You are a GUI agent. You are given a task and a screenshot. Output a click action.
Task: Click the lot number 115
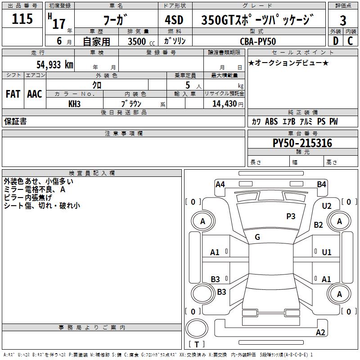[x=22, y=20]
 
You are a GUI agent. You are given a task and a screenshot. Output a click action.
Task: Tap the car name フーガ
[x=115, y=21]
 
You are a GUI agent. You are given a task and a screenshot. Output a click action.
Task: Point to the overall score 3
[x=343, y=21]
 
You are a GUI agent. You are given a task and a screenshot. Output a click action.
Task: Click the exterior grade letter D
[x=335, y=41]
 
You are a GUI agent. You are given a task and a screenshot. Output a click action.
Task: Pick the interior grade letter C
[x=350, y=41]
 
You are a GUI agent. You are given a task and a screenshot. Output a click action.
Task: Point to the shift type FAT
[x=13, y=94]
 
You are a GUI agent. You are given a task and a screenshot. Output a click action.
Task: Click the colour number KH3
[x=74, y=104]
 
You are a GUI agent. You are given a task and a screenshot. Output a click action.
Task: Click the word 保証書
[x=15, y=121]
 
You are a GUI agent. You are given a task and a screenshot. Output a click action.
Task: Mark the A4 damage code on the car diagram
[x=220, y=184]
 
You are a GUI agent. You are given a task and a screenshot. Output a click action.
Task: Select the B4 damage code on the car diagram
[x=321, y=184]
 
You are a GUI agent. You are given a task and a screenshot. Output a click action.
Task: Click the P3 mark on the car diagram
[x=291, y=216]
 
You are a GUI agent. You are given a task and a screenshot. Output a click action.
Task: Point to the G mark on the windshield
[x=257, y=237]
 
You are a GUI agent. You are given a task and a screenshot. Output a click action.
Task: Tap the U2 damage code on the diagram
[x=327, y=206]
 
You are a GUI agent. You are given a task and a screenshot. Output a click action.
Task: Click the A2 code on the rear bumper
[x=320, y=333]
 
